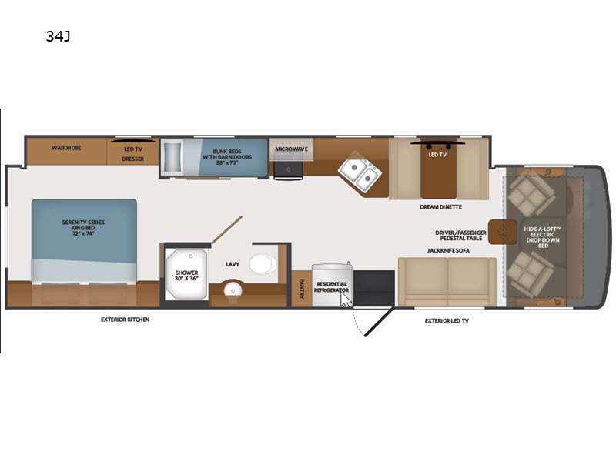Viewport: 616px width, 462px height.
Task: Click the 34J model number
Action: click(x=59, y=36)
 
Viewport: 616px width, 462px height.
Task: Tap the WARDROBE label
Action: click(x=66, y=148)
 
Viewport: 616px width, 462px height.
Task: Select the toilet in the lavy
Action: click(x=263, y=263)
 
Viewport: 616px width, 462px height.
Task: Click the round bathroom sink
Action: click(x=233, y=291)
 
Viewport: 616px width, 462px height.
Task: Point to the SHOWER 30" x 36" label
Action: click(x=186, y=276)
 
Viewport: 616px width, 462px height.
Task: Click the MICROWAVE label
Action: click(x=292, y=149)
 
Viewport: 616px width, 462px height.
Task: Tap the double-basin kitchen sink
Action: click(x=360, y=172)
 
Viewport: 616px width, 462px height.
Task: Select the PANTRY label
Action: click(x=302, y=290)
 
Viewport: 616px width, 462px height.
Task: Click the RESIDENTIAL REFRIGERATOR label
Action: click(x=331, y=286)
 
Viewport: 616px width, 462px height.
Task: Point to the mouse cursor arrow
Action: click(x=345, y=300)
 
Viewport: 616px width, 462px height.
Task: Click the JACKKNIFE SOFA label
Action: click(x=448, y=251)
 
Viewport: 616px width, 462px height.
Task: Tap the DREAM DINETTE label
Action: click(x=440, y=207)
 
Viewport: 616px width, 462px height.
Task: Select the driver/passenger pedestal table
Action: click(x=503, y=232)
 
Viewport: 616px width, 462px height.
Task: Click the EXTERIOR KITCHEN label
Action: click(x=125, y=320)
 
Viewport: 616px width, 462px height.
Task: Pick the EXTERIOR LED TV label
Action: click(x=447, y=321)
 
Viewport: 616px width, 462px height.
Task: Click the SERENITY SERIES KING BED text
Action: click(x=83, y=228)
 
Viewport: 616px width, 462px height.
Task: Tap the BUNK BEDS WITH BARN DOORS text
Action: click(x=227, y=157)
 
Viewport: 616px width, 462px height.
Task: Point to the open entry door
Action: click(x=378, y=322)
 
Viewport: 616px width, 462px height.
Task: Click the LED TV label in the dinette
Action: click(x=437, y=156)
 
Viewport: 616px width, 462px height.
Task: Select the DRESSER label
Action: click(x=132, y=159)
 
